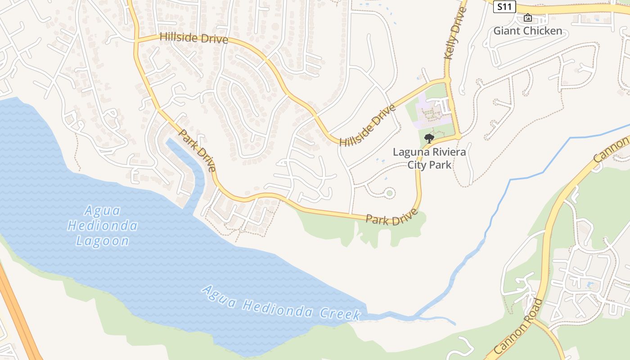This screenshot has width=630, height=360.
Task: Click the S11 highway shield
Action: (504, 7)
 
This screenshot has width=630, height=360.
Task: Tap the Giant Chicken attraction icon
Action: (527, 18)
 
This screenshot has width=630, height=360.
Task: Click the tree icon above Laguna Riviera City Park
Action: (429, 138)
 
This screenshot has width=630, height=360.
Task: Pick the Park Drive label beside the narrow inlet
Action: (198, 150)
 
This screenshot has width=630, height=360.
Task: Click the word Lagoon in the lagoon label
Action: (103, 241)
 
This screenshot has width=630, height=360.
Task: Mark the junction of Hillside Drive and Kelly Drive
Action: (447, 80)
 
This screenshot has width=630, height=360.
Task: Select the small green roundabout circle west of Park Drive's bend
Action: (389, 193)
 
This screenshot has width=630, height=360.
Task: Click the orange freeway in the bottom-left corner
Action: (18, 315)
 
